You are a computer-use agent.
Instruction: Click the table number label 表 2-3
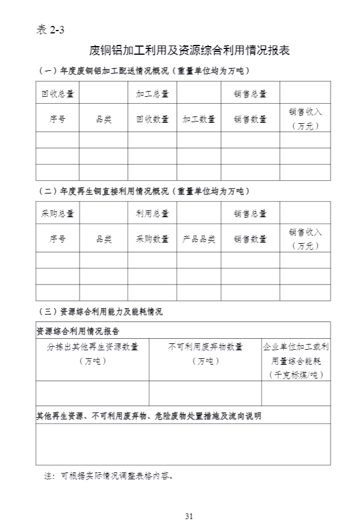49,31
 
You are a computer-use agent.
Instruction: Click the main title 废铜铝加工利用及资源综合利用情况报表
190,51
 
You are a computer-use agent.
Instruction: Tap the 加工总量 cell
152,92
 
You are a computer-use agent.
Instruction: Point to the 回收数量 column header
152,119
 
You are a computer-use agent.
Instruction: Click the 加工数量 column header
199,119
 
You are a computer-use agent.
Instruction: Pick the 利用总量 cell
152,213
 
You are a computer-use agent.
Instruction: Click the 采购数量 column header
152,239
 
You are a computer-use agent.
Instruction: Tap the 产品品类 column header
199,239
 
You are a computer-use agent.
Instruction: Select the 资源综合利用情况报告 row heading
78,331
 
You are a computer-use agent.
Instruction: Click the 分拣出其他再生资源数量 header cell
92,347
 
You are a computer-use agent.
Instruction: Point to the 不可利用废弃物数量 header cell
205,347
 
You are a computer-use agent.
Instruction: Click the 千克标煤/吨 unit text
296,374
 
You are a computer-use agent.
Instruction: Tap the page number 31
189,516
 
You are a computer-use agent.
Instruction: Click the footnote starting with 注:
109,476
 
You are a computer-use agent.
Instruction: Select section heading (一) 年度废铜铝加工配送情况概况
147,71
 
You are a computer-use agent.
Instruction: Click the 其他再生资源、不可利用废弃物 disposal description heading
149,415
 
